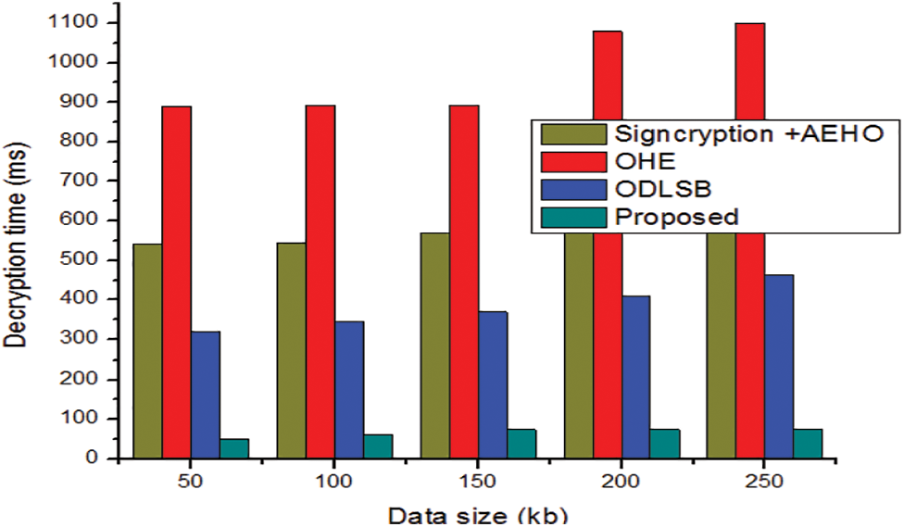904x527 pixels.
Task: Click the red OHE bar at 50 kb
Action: tap(176, 282)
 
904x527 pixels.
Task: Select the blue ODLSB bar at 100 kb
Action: tap(348, 389)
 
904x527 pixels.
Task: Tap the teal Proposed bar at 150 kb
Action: tap(521, 443)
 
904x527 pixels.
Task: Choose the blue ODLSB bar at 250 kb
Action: tap(778, 366)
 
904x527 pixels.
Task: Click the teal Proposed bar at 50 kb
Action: tap(233, 447)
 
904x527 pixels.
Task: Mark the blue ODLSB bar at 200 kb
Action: tap(635, 376)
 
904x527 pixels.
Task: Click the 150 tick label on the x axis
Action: tap(477, 483)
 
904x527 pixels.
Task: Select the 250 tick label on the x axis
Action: tap(764, 483)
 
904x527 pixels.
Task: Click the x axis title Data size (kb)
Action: tap(477, 514)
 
